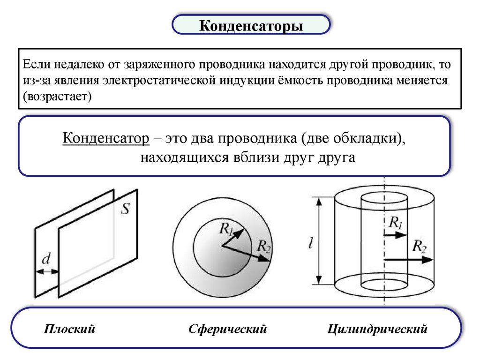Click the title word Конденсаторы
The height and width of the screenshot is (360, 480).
[251, 25]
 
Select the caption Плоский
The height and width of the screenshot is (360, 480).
[70, 329]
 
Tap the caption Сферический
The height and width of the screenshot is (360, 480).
[228, 329]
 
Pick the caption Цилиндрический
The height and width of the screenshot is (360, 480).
[378, 329]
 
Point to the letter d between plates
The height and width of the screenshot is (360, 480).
[46, 259]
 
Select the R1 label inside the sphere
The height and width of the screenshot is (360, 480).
[225, 228]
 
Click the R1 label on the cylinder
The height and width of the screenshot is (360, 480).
[395, 222]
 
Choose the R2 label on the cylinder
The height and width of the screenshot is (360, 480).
[419, 246]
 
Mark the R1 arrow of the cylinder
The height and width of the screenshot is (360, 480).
[395, 234]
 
